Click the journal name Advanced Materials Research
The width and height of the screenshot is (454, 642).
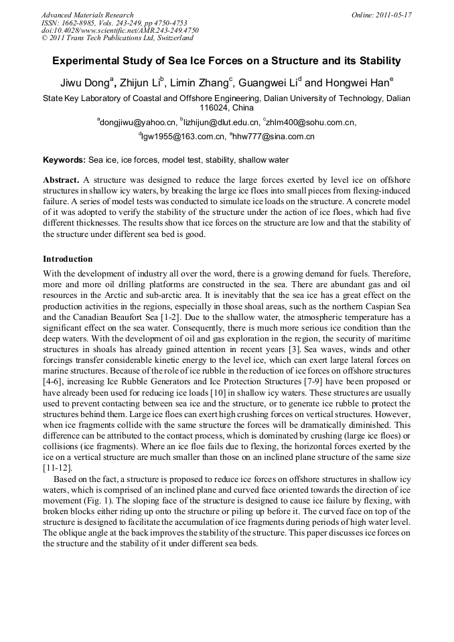click(87, 15)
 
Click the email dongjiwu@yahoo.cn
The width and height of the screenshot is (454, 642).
click(138, 123)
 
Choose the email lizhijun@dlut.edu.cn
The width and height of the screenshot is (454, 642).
click(221, 123)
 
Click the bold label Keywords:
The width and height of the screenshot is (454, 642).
click(64, 161)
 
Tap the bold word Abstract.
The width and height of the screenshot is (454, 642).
click(61, 181)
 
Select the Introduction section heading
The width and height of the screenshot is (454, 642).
click(68, 259)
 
